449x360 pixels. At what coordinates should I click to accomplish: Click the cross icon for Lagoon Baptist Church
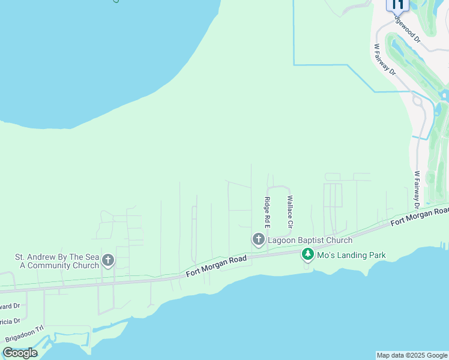pyautogui.click(x=258, y=240)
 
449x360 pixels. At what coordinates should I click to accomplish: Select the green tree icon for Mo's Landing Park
pyautogui.click(x=308, y=255)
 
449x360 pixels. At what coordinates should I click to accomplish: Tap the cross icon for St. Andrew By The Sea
pyautogui.click(x=108, y=260)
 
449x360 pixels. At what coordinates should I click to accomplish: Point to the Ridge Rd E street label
pyautogui.click(x=268, y=212)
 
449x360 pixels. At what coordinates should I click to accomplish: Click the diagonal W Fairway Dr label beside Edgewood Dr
pyautogui.click(x=385, y=59)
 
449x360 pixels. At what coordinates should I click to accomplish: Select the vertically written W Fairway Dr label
pyautogui.click(x=417, y=190)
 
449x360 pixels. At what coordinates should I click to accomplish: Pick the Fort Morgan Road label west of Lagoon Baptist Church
pyautogui.click(x=216, y=267)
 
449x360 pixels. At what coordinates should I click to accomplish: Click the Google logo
pyautogui.click(x=20, y=353)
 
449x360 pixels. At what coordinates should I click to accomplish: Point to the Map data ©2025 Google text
pyautogui.click(x=412, y=355)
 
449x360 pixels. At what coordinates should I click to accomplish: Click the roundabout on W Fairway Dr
pyautogui.click(x=419, y=101)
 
